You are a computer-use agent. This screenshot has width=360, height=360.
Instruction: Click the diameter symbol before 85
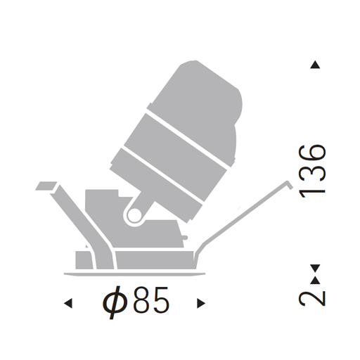[x=115, y=302]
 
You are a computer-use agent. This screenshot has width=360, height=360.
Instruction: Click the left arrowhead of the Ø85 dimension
[x=68, y=303]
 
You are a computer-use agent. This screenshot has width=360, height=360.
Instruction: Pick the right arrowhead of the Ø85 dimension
[x=201, y=303]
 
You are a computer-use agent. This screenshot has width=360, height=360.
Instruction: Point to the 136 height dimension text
[x=312, y=172]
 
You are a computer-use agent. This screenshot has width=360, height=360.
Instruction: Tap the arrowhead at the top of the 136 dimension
[x=315, y=65]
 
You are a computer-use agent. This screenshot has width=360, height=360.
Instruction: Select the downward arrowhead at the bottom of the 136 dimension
[x=315, y=269]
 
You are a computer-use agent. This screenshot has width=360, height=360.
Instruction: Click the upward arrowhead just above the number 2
[x=315, y=281]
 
